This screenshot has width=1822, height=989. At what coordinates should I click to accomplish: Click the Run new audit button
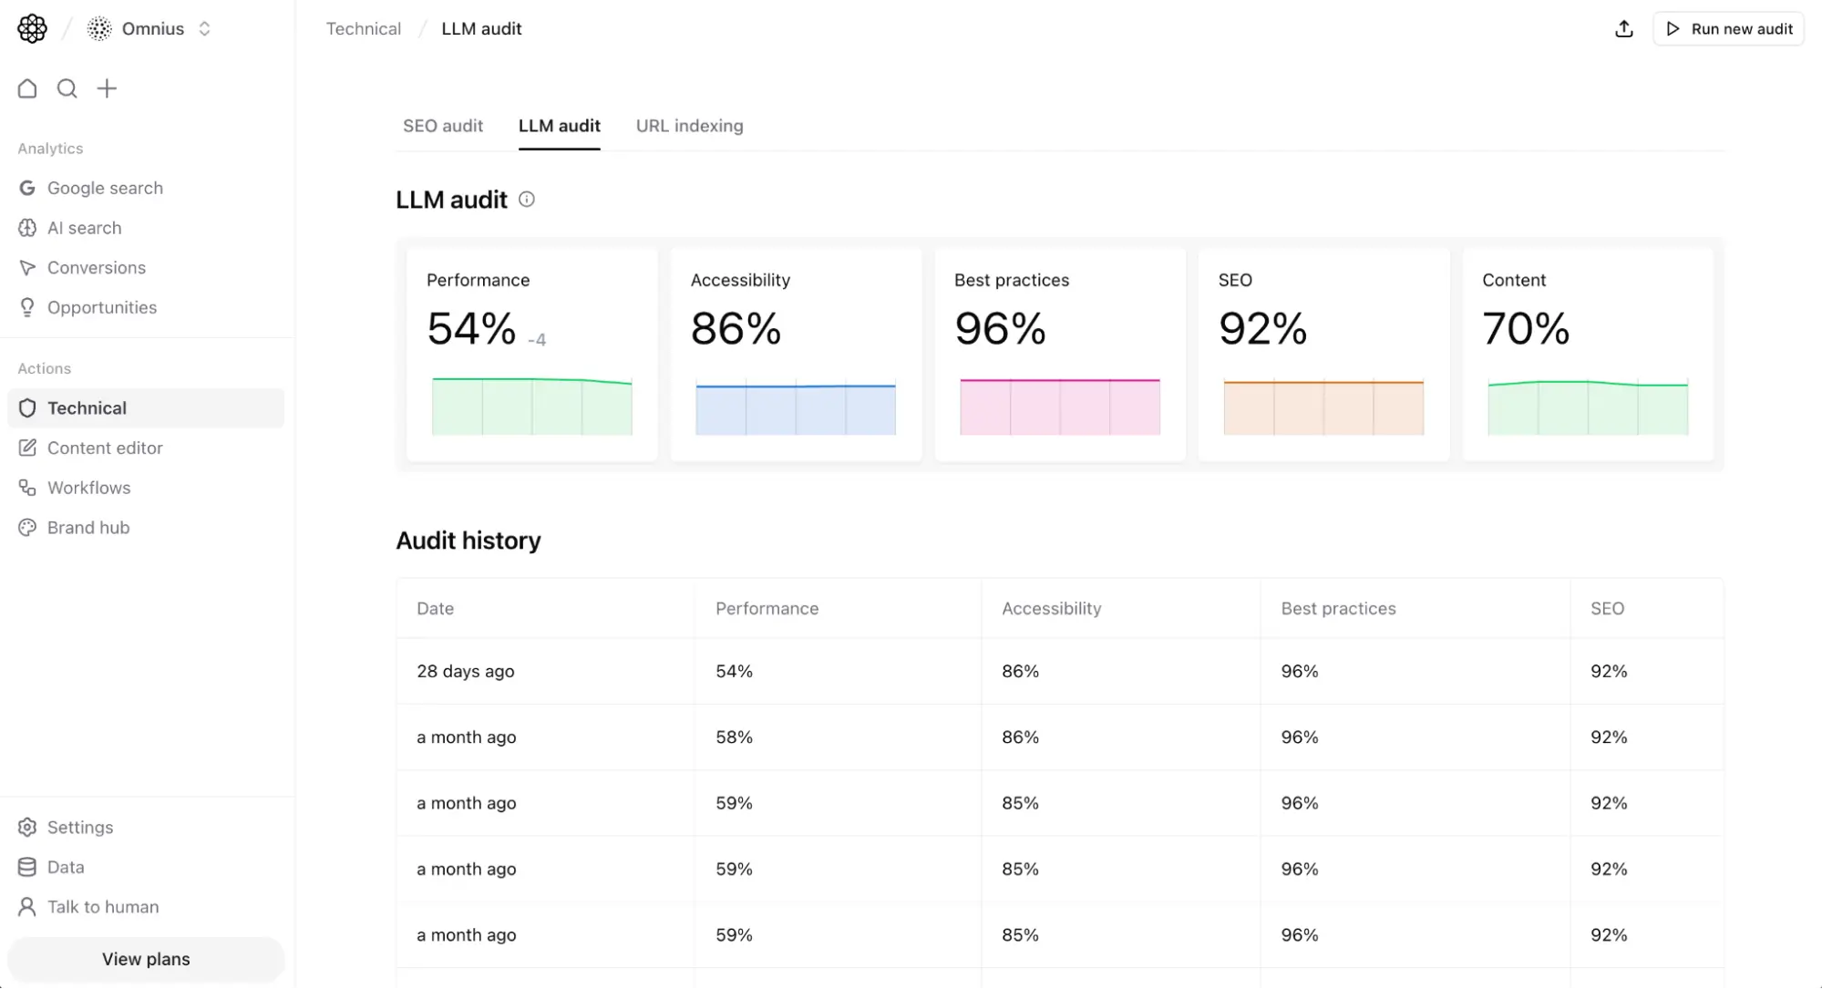point(1728,29)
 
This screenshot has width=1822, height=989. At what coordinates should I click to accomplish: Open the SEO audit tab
point(443,126)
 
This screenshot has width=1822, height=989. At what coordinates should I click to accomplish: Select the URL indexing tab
point(689,126)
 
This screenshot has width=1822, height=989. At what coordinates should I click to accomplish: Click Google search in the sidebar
point(105,188)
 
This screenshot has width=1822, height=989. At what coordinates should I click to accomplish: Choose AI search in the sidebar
point(84,228)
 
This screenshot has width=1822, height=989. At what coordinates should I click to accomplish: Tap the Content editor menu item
point(105,448)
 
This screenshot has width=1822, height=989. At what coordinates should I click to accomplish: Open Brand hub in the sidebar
point(88,528)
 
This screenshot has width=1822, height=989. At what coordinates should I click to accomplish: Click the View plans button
point(146,959)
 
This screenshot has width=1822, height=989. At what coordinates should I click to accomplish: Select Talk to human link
point(103,907)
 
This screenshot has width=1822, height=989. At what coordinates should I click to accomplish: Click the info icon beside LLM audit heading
point(527,200)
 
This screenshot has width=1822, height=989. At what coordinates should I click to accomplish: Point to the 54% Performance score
point(471,329)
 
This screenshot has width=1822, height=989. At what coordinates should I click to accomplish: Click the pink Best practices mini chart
point(1059,407)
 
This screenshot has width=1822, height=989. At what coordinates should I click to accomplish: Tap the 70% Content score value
point(1525,329)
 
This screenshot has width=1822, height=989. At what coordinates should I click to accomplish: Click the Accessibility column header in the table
point(1051,608)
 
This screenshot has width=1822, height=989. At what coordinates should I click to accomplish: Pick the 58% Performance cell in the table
point(734,737)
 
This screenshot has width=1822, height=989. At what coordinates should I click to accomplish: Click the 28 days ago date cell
point(465,671)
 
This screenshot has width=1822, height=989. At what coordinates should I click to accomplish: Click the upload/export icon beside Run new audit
point(1623,29)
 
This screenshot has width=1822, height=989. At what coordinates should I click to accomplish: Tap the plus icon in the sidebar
point(107,88)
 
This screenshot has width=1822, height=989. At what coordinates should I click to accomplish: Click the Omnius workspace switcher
point(151,29)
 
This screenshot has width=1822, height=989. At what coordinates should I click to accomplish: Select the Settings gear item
point(79,827)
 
